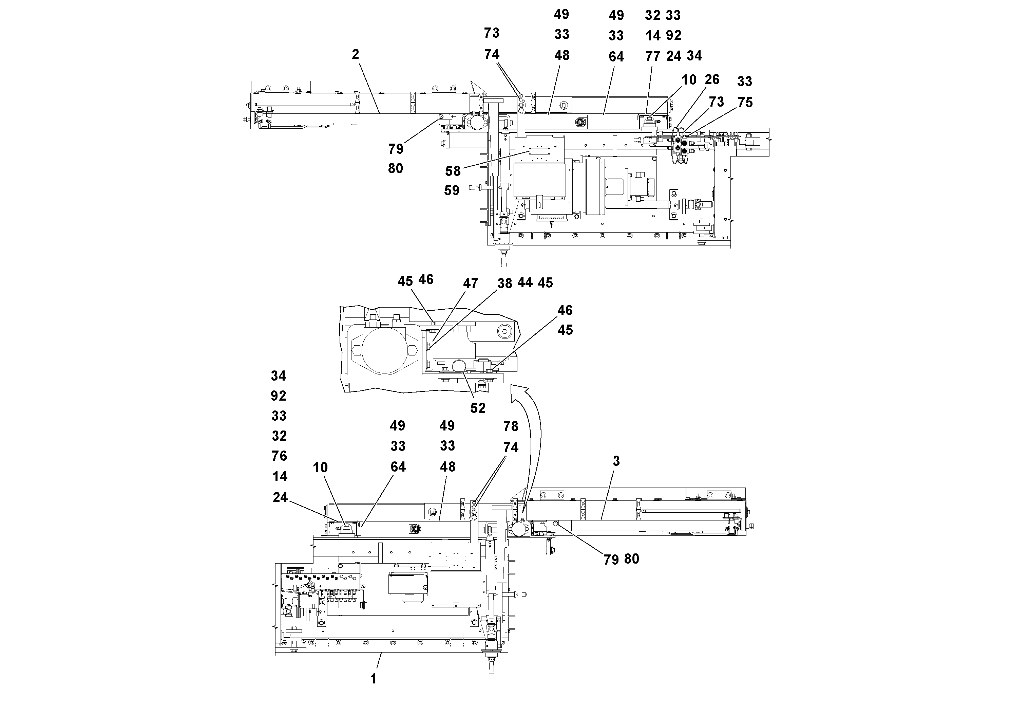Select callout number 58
(x=453, y=171)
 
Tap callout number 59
(x=452, y=190)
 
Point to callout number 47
(x=470, y=283)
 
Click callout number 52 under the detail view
(x=478, y=408)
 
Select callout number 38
(x=504, y=283)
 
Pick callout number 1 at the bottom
(x=374, y=679)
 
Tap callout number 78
(x=511, y=426)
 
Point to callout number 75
(x=745, y=103)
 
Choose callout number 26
(x=712, y=80)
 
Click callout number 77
(x=653, y=56)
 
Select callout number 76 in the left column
(x=279, y=456)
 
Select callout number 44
(x=525, y=282)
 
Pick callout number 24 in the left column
(x=280, y=497)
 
